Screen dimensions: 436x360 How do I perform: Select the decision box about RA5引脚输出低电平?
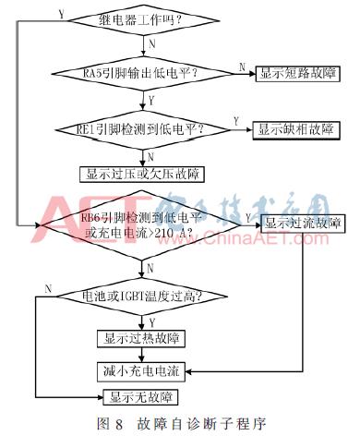pos(143,72)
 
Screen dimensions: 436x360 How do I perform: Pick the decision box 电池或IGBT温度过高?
pos(143,297)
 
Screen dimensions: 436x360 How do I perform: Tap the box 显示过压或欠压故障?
pos(144,173)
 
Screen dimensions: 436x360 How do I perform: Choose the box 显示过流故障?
pos(302,222)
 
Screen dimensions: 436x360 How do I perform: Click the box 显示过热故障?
pos(143,339)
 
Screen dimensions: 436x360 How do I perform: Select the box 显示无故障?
pos(143,398)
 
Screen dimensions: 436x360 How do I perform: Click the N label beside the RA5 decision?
pos(242,65)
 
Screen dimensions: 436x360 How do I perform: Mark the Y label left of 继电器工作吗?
pos(61,14)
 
